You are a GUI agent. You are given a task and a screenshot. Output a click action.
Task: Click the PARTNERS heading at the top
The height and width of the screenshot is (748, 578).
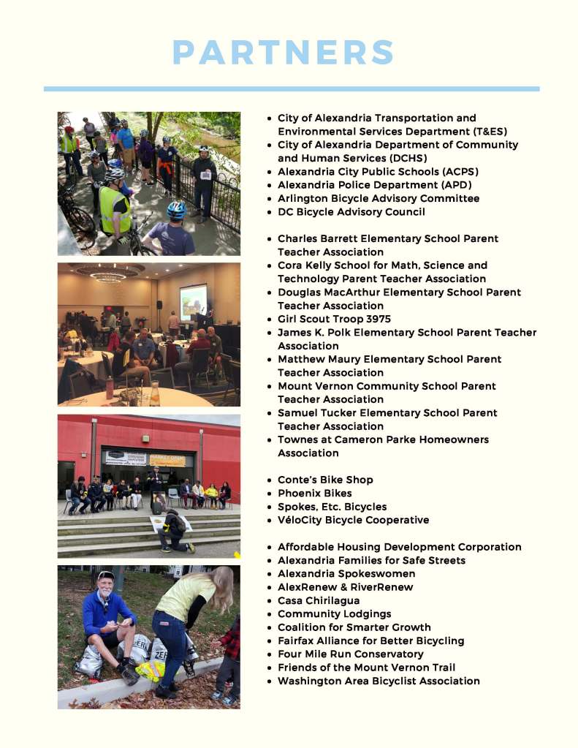point(284,53)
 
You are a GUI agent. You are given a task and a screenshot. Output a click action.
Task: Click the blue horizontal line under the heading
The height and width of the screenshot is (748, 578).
point(291,88)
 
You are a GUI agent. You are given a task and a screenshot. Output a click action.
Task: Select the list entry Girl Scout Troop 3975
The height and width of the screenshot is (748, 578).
point(334,319)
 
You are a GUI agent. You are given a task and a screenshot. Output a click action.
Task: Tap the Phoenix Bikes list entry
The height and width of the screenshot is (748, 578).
point(314,493)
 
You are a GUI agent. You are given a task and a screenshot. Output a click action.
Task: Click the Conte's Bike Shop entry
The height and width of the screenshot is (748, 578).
point(325,480)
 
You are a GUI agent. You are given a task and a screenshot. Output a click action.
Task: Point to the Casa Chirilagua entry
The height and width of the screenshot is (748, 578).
point(319,600)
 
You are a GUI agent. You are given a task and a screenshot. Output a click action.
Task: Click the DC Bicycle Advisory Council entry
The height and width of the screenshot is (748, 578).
point(351,211)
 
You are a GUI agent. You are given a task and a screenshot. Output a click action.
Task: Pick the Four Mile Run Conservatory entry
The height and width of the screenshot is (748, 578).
point(350,654)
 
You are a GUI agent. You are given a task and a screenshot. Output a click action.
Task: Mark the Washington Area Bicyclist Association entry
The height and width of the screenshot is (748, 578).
point(379,681)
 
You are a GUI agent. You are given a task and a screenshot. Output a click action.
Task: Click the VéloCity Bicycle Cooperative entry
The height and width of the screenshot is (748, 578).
point(353,520)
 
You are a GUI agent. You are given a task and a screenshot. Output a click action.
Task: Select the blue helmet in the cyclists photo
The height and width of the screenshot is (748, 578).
point(176,210)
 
